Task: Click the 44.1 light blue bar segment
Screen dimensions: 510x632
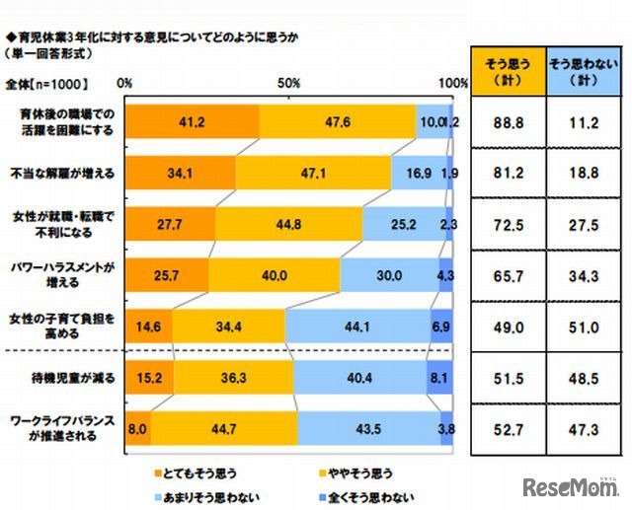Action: (x=357, y=325)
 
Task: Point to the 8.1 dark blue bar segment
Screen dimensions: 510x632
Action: (x=442, y=376)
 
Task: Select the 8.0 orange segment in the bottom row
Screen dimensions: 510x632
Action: (x=138, y=426)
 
